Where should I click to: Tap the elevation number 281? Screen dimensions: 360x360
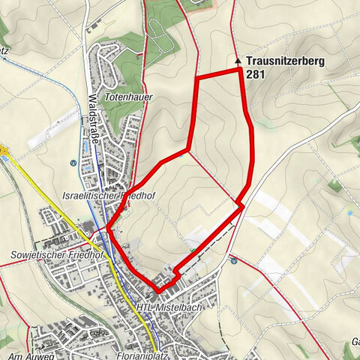tap(255, 75)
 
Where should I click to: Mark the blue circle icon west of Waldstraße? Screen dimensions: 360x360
tap(72, 163)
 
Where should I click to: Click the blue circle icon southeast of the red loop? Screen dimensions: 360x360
tap(235, 261)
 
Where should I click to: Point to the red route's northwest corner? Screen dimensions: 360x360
tap(196, 77)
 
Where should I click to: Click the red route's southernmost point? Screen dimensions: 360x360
tap(159, 289)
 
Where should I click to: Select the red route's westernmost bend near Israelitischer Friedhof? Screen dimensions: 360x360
tap(109, 228)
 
